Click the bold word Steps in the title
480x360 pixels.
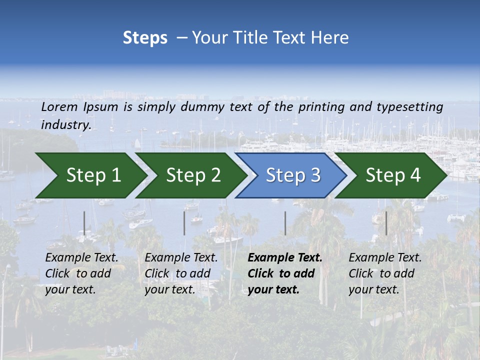(145, 37)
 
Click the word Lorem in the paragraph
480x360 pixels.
(59, 106)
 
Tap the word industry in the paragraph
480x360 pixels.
(65, 124)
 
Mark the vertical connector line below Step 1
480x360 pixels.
(84, 223)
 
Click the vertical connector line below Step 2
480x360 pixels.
(184, 223)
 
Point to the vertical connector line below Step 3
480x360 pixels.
(285, 223)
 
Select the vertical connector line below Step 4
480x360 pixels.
(386, 223)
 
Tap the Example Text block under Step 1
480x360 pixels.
(81, 273)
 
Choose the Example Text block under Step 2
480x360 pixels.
(181, 273)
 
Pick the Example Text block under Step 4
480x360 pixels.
(385, 273)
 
